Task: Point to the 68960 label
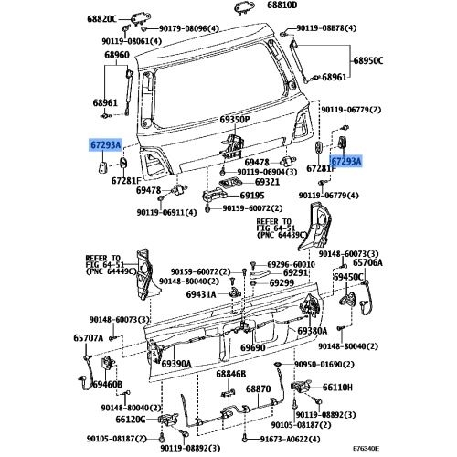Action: tap(116, 56)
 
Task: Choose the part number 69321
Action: tap(241, 182)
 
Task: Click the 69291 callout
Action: tap(295, 273)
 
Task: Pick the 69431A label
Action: tap(201, 294)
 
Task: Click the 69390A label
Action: tap(175, 364)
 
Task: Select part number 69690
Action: tap(253, 348)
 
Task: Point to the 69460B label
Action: tap(107, 386)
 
